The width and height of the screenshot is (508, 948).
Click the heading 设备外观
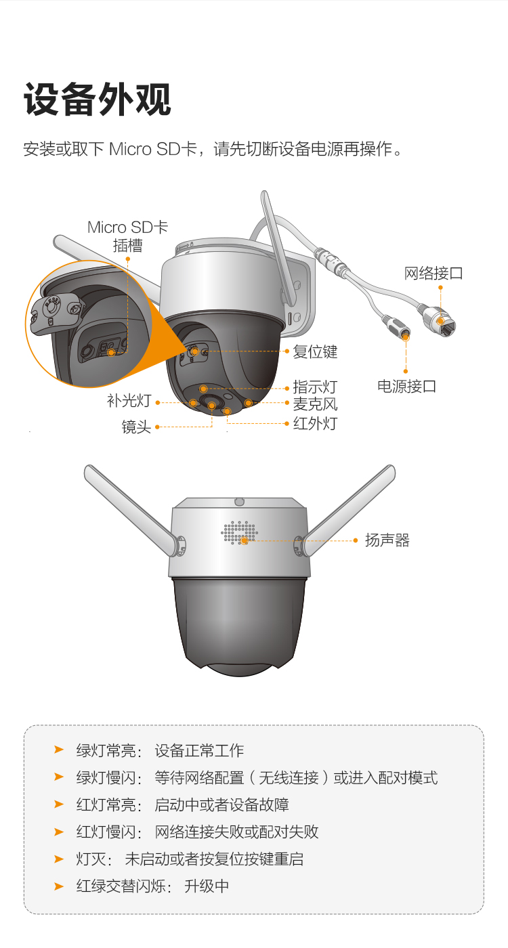click(98, 100)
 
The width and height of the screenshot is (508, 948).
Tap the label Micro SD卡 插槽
click(128, 236)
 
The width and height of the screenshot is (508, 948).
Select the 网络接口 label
click(433, 274)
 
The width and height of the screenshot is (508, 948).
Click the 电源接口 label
click(407, 386)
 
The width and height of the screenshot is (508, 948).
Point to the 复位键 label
click(316, 351)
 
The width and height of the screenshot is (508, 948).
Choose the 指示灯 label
click(316, 387)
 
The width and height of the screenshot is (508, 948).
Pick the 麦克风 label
click(316, 404)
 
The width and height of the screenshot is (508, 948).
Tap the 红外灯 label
click(316, 423)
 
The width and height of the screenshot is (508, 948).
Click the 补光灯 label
click(129, 400)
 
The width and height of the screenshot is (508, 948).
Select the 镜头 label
click(136, 427)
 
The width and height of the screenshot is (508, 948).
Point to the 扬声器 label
click(387, 540)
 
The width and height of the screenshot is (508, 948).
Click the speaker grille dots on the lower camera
click(240, 532)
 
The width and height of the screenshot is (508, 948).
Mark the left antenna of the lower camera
click(134, 510)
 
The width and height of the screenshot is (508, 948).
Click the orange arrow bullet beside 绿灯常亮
click(59, 750)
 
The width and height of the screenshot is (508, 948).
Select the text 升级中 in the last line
click(207, 886)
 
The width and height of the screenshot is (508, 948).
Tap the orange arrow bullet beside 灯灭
click(59, 859)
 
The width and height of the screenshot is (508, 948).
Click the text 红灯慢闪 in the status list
click(106, 832)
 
